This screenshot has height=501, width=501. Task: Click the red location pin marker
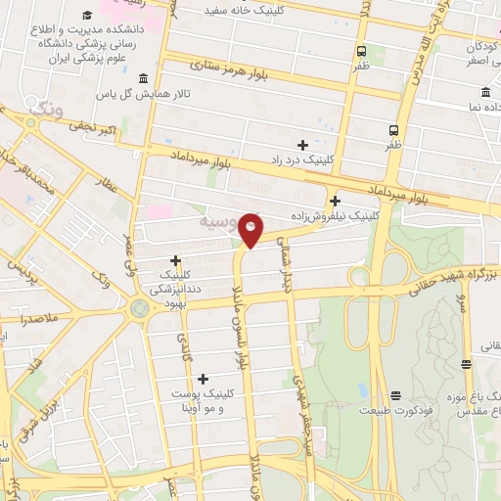(251, 230)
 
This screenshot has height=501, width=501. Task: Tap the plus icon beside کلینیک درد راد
(302, 145)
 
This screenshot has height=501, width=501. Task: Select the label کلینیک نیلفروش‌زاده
(334, 214)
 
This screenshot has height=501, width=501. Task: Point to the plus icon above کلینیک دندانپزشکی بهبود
(175, 260)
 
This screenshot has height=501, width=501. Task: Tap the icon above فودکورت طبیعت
(395, 395)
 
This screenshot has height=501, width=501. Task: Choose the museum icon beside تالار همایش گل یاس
(144, 79)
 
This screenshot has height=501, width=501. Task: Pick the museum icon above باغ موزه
(466, 364)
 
